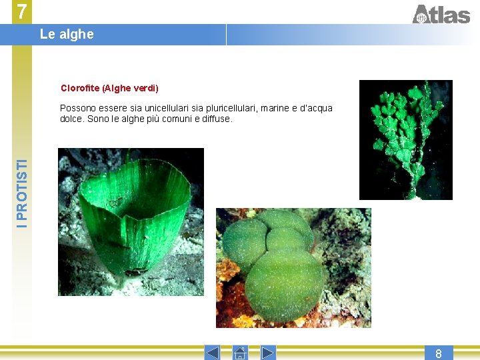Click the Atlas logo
(441, 13)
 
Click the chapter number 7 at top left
(22, 12)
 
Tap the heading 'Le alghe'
(67, 34)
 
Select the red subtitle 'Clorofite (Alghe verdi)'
(109, 88)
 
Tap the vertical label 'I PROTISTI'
(23, 194)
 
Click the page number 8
(439, 353)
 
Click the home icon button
(240, 353)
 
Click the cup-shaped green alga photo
(132, 212)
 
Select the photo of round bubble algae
(293, 268)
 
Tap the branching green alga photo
(405, 140)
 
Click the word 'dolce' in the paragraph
(71, 119)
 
